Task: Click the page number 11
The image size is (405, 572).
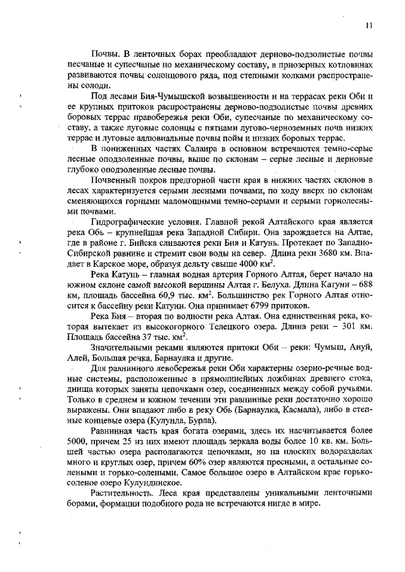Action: (x=369, y=25)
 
